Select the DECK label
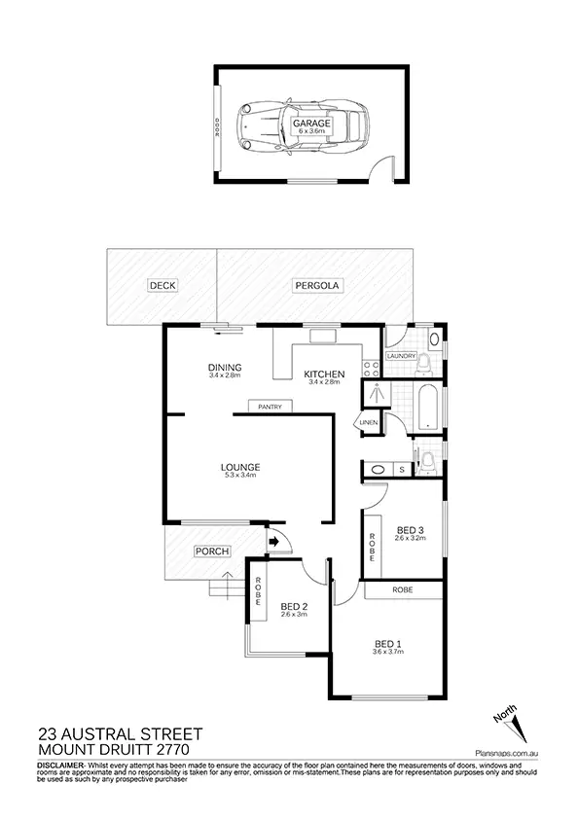tap(161, 285)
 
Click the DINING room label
tap(224, 367)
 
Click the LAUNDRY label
tap(401, 356)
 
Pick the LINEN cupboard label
tap(368, 423)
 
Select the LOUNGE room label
tap(239, 467)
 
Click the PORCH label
tap(212, 552)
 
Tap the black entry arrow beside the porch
tap(273, 541)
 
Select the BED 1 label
tap(388, 644)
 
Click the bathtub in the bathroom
tap(428, 407)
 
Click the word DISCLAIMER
tap(61, 766)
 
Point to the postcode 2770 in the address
tap(167, 750)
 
